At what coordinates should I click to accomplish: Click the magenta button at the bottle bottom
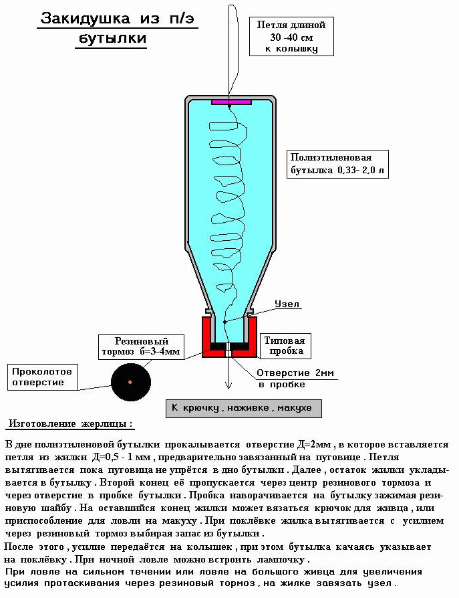pos(231,102)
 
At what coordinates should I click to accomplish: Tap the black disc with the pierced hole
pos(131,382)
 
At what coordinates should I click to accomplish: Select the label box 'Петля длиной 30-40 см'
pos(291,37)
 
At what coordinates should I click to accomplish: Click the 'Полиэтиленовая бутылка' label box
pos(337,164)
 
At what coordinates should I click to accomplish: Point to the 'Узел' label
pos(287,304)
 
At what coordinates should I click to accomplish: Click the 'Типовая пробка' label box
pos(285,346)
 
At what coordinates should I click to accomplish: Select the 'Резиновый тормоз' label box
pos(141,346)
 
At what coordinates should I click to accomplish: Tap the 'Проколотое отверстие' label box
pos(42,377)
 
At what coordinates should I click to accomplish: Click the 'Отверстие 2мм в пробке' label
pos(295,379)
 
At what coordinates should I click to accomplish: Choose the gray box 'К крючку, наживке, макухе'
pos(243,409)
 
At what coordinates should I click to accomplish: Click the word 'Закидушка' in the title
pos(86,18)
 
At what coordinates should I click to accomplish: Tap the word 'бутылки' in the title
pos(112,38)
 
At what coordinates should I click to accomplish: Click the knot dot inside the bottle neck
pos(224,322)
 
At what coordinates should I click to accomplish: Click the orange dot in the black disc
pos(130,382)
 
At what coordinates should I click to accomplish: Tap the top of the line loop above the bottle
pos(233,5)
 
